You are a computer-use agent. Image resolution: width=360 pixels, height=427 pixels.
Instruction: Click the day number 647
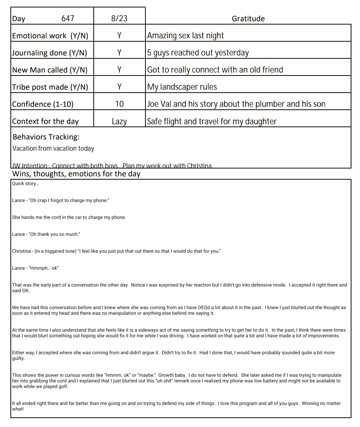[68, 19]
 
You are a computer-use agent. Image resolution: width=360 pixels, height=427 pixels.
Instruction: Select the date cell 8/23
[119, 19]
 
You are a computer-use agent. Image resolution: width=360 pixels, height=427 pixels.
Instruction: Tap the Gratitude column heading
[248, 19]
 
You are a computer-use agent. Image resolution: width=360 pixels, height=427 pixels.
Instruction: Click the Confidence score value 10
[119, 104]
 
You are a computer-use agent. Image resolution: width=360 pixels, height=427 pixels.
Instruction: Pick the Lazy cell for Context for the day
[119, 121]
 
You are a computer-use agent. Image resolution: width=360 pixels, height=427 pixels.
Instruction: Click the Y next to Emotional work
[119, 36]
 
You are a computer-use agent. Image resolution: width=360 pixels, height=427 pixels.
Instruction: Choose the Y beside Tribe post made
[119, 87]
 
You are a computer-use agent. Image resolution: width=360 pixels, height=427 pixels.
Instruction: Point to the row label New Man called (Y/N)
[50, 70]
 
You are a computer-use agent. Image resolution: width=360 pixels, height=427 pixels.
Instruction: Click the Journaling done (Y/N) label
[49, 53]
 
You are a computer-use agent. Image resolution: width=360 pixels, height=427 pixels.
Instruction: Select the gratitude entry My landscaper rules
[182, 87]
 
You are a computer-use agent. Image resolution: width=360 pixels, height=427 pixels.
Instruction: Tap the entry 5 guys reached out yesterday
[198, 53]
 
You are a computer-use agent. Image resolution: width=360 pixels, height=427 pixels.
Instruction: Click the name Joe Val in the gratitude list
[159, 104]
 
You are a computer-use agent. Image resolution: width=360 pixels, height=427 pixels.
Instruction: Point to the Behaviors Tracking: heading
[46, 137]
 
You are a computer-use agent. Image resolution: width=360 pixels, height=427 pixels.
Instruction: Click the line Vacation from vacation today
[53, 148]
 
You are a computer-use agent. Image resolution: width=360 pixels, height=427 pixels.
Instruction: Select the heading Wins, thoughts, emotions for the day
[76, 174]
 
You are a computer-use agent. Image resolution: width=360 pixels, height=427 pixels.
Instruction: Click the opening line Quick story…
[25, 183]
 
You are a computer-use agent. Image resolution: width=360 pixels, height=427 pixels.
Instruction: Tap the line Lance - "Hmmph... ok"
[36, 268]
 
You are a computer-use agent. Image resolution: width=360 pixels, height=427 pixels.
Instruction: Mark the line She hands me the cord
[69, 217]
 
